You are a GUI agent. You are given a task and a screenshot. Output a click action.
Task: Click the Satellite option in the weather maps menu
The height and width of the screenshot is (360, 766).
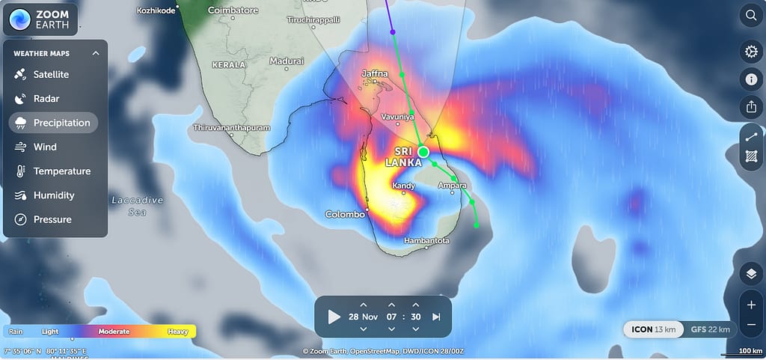point(51,75)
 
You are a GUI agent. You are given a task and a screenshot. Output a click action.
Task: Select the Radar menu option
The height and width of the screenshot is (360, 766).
point(46,99)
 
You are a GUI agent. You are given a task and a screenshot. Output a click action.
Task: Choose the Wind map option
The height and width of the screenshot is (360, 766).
point(45,147)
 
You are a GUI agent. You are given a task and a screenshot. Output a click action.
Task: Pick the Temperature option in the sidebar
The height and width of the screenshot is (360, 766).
point(61,171)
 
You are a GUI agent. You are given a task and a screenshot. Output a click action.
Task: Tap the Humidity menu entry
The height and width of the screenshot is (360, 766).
point(54,195)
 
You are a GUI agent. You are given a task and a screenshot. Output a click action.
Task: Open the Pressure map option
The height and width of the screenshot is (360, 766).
point(52,219)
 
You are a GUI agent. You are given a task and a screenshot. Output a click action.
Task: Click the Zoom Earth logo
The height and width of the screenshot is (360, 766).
point(40,20)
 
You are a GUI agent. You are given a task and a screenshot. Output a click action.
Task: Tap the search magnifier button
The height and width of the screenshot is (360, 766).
point(750,16)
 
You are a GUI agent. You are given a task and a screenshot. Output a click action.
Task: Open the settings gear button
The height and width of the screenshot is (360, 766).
point(750,52)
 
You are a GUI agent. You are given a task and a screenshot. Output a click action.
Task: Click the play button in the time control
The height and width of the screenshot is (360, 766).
point(334,317)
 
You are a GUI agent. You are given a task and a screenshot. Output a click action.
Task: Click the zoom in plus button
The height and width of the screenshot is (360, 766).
point(750,305)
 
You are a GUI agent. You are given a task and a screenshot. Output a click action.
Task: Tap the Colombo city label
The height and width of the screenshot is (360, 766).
point(345,215)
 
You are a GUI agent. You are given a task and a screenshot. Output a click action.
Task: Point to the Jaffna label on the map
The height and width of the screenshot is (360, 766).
point(376,73)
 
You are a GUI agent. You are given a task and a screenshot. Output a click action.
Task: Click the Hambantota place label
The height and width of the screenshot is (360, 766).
point(426,241)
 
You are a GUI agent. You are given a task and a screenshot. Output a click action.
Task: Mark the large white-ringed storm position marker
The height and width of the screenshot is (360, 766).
point(423,152)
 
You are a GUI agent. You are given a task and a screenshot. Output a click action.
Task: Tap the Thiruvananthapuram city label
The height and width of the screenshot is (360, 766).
point(231,128)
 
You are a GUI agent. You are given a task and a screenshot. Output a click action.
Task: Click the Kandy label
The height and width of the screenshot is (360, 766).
point(403,185)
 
